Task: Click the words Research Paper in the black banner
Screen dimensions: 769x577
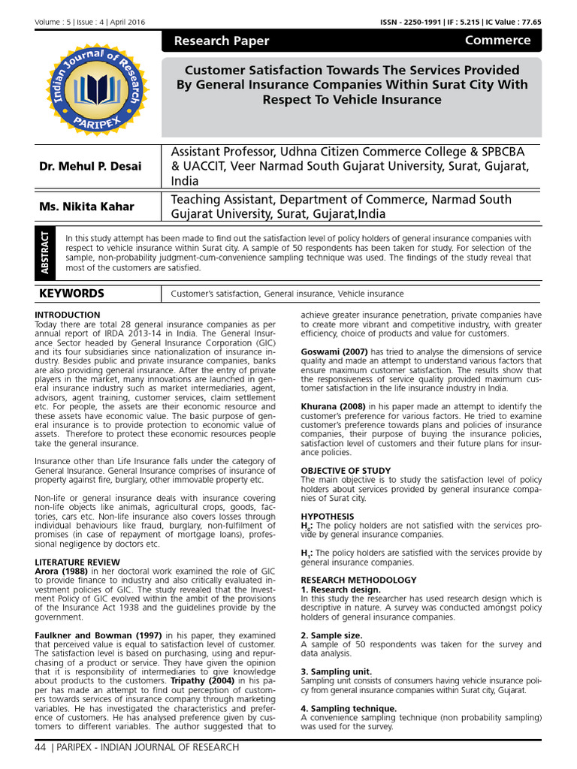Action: click(221, 41)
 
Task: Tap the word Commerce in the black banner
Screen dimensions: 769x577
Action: click(497, 41)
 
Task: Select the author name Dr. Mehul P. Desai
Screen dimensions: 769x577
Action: click(90, 166)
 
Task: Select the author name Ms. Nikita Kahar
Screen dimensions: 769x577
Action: click(86, 207)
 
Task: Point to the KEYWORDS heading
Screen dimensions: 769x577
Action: click(73, 294)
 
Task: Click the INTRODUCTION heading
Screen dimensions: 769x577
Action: click(68, 315)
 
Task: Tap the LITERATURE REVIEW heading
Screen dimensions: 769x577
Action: click(77, 562)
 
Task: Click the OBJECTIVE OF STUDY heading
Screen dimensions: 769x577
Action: click(346, 471)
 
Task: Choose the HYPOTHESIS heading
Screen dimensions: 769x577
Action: click(327, 517)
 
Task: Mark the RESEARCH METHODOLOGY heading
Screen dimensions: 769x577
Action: click(358, 580)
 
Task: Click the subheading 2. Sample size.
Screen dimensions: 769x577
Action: click(333, 635)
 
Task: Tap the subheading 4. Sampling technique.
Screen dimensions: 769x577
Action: click(349, 708)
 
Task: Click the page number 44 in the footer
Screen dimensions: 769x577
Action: click(41, 747)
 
